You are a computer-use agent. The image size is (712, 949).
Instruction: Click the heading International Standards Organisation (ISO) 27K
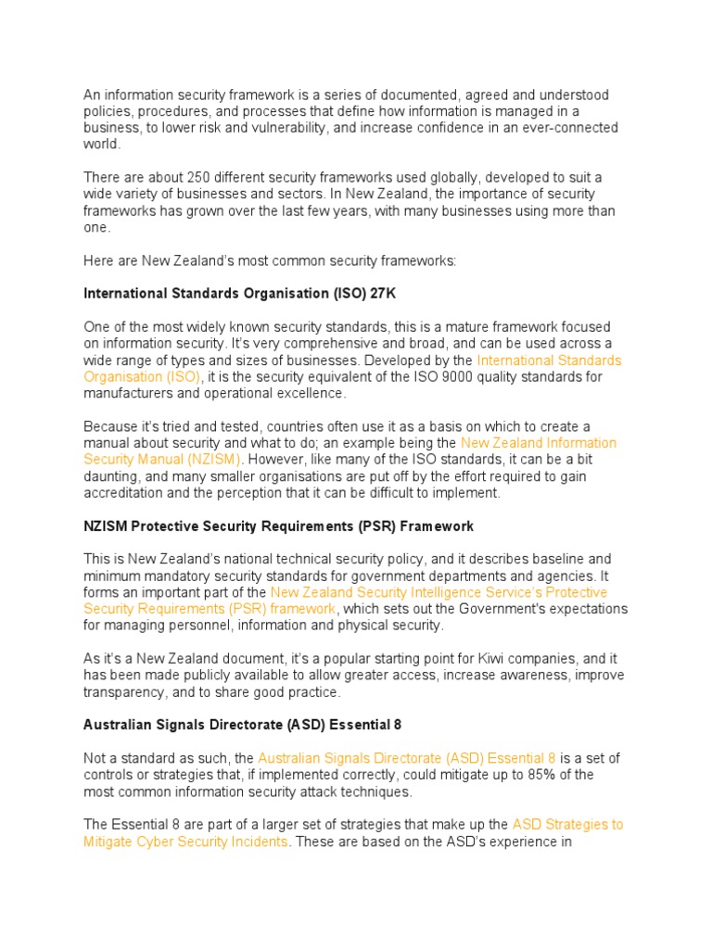click(x=233, y=294)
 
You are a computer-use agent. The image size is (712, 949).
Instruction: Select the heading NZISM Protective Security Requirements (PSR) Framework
click(x=278, y=526)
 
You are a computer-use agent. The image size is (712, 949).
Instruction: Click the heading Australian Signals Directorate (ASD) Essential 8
click(x=242, y=725)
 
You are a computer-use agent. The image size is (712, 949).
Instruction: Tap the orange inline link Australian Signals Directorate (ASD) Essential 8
click(x=407, y=757)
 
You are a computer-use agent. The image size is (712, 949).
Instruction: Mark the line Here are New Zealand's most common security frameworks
click(x=270, y=260)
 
